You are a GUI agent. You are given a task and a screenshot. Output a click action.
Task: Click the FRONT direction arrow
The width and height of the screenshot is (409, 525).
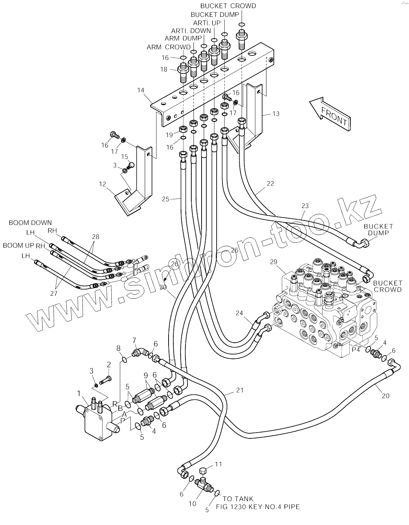(x=330, y=112)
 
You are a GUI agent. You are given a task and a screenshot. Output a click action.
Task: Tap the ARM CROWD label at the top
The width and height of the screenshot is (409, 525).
(x=169, y=47)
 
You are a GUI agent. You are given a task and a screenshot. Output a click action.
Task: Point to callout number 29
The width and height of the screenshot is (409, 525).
(x=274, y=262)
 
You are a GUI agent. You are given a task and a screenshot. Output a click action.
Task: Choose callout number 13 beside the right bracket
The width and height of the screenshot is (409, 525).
(x=276, y=114)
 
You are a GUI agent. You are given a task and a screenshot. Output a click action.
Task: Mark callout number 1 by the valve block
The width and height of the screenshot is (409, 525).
(x=78, y=393)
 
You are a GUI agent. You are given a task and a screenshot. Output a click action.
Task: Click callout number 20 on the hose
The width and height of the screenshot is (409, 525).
(x=385, y=396)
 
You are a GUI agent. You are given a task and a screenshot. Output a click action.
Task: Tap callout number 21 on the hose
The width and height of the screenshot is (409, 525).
(x=239, y=390)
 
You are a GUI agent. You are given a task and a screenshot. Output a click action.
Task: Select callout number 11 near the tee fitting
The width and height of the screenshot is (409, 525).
(x=218, y=464)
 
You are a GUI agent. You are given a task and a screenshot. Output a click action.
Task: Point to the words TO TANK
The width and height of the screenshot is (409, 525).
(x=238, y=499)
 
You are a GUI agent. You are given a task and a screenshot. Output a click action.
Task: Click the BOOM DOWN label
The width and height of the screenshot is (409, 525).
(x=30, y=223)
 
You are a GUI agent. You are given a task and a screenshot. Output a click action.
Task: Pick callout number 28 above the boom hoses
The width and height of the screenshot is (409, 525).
(x=96, y=237)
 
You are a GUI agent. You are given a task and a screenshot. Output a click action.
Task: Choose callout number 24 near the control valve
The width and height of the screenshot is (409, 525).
(x=239, y=313)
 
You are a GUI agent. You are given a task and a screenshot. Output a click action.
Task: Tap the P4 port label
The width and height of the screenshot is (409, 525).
(x=356, y=350)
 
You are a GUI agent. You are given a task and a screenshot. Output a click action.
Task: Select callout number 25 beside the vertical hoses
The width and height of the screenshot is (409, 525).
(x=166, y=199)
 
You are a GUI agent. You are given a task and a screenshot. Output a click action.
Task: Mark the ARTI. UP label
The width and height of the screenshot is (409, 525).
(x=207, y=23)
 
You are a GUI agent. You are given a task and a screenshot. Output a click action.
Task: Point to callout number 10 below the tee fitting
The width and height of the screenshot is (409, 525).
(x=192, y=504)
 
